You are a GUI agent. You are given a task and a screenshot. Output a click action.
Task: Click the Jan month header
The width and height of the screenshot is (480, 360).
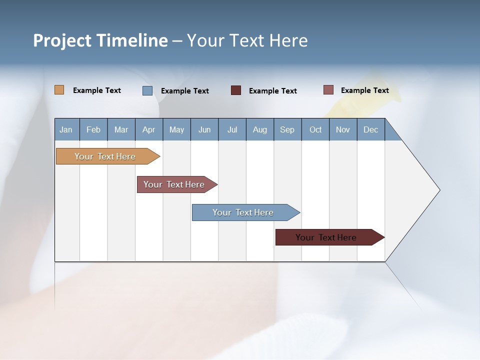click(66, 129)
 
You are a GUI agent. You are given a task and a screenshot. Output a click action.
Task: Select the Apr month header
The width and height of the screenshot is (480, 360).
click(149, 129)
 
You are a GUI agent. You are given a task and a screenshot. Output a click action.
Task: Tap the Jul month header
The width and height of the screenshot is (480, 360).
click(232, 129)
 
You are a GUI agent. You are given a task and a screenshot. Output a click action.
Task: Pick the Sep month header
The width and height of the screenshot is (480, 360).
click(287, 129)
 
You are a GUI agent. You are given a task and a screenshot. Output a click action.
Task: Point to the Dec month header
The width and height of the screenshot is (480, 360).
click(370, 129)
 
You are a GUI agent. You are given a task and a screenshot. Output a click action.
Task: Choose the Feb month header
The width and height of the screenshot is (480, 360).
click(93, 129)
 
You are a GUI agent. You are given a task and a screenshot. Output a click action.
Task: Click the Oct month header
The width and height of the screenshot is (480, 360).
click(315, 129)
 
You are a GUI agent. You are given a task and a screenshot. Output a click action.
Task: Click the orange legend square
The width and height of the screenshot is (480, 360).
click(59, 90)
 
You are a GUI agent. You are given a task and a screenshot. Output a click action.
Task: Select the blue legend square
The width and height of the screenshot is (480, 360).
click(147, 90)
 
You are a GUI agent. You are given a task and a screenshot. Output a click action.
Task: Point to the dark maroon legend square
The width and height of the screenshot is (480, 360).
click(236, 90)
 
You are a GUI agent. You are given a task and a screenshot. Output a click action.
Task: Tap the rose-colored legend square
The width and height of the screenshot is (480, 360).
click(328, 90)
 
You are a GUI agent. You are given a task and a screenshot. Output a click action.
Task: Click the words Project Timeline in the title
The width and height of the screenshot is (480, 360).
click(100, 40)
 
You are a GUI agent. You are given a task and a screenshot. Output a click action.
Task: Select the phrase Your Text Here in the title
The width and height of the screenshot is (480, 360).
click(247, 40)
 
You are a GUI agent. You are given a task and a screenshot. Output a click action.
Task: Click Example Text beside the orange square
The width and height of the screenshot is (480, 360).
click(97, 90)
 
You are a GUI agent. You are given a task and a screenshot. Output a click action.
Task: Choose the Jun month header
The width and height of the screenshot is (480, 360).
click(204, 129)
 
